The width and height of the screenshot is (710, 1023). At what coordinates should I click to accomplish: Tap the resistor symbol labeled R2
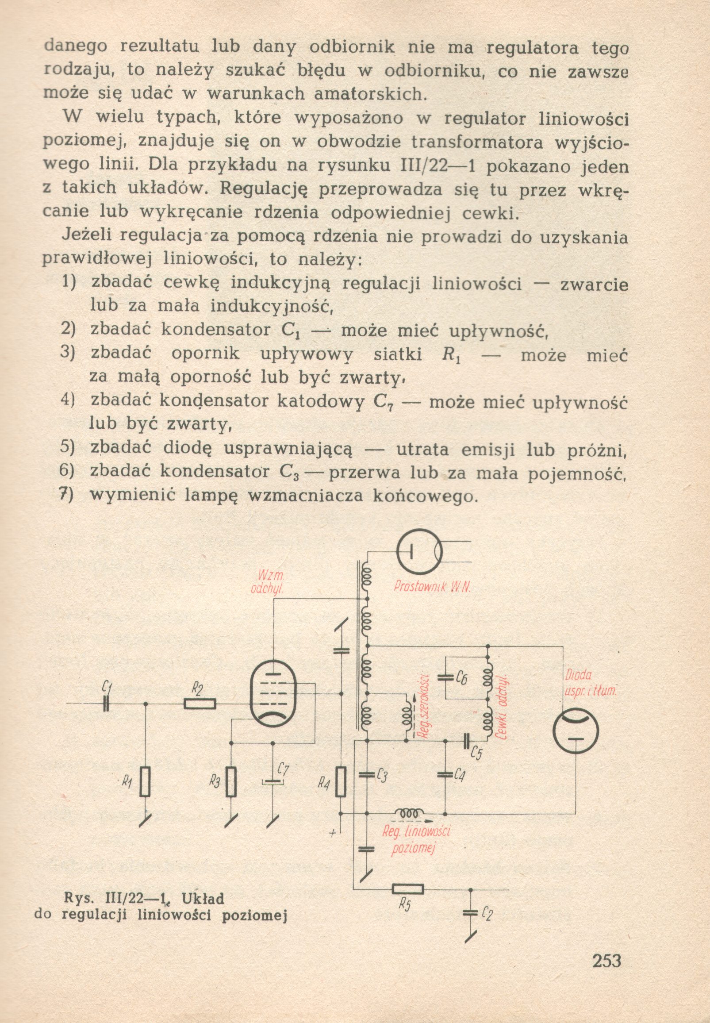coord(200,704)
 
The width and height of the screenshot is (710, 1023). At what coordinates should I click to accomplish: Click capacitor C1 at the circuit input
coord(106,704)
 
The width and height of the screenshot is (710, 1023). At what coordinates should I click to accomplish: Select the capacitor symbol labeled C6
coord(445,677)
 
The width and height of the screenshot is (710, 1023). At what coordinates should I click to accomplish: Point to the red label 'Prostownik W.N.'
coord(432,587)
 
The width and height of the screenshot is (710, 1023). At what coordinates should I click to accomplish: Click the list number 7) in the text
coord(67,494)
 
